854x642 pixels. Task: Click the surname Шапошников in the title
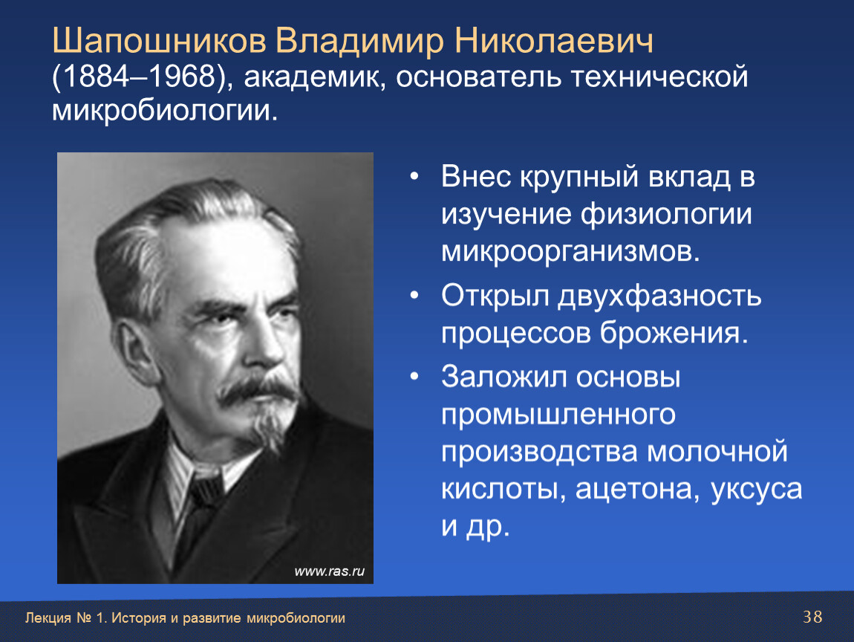tap(159, 42)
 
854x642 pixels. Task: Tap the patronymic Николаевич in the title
tap(553, 42)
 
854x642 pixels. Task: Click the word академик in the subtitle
tap(314, 77)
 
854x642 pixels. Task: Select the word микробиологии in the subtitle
tap(164, 110)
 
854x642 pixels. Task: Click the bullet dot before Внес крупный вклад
tap(414, 177)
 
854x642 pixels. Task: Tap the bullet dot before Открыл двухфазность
tap(414, 296)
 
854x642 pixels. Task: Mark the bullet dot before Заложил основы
tap(414, 376)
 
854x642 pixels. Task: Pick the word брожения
tap(674, 333)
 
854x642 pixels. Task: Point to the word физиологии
tap(666, 215)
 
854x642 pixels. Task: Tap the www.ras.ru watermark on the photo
tap(330, 571)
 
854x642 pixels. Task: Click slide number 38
tap(812, 617)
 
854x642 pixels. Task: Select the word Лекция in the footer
tap(48, 618)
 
